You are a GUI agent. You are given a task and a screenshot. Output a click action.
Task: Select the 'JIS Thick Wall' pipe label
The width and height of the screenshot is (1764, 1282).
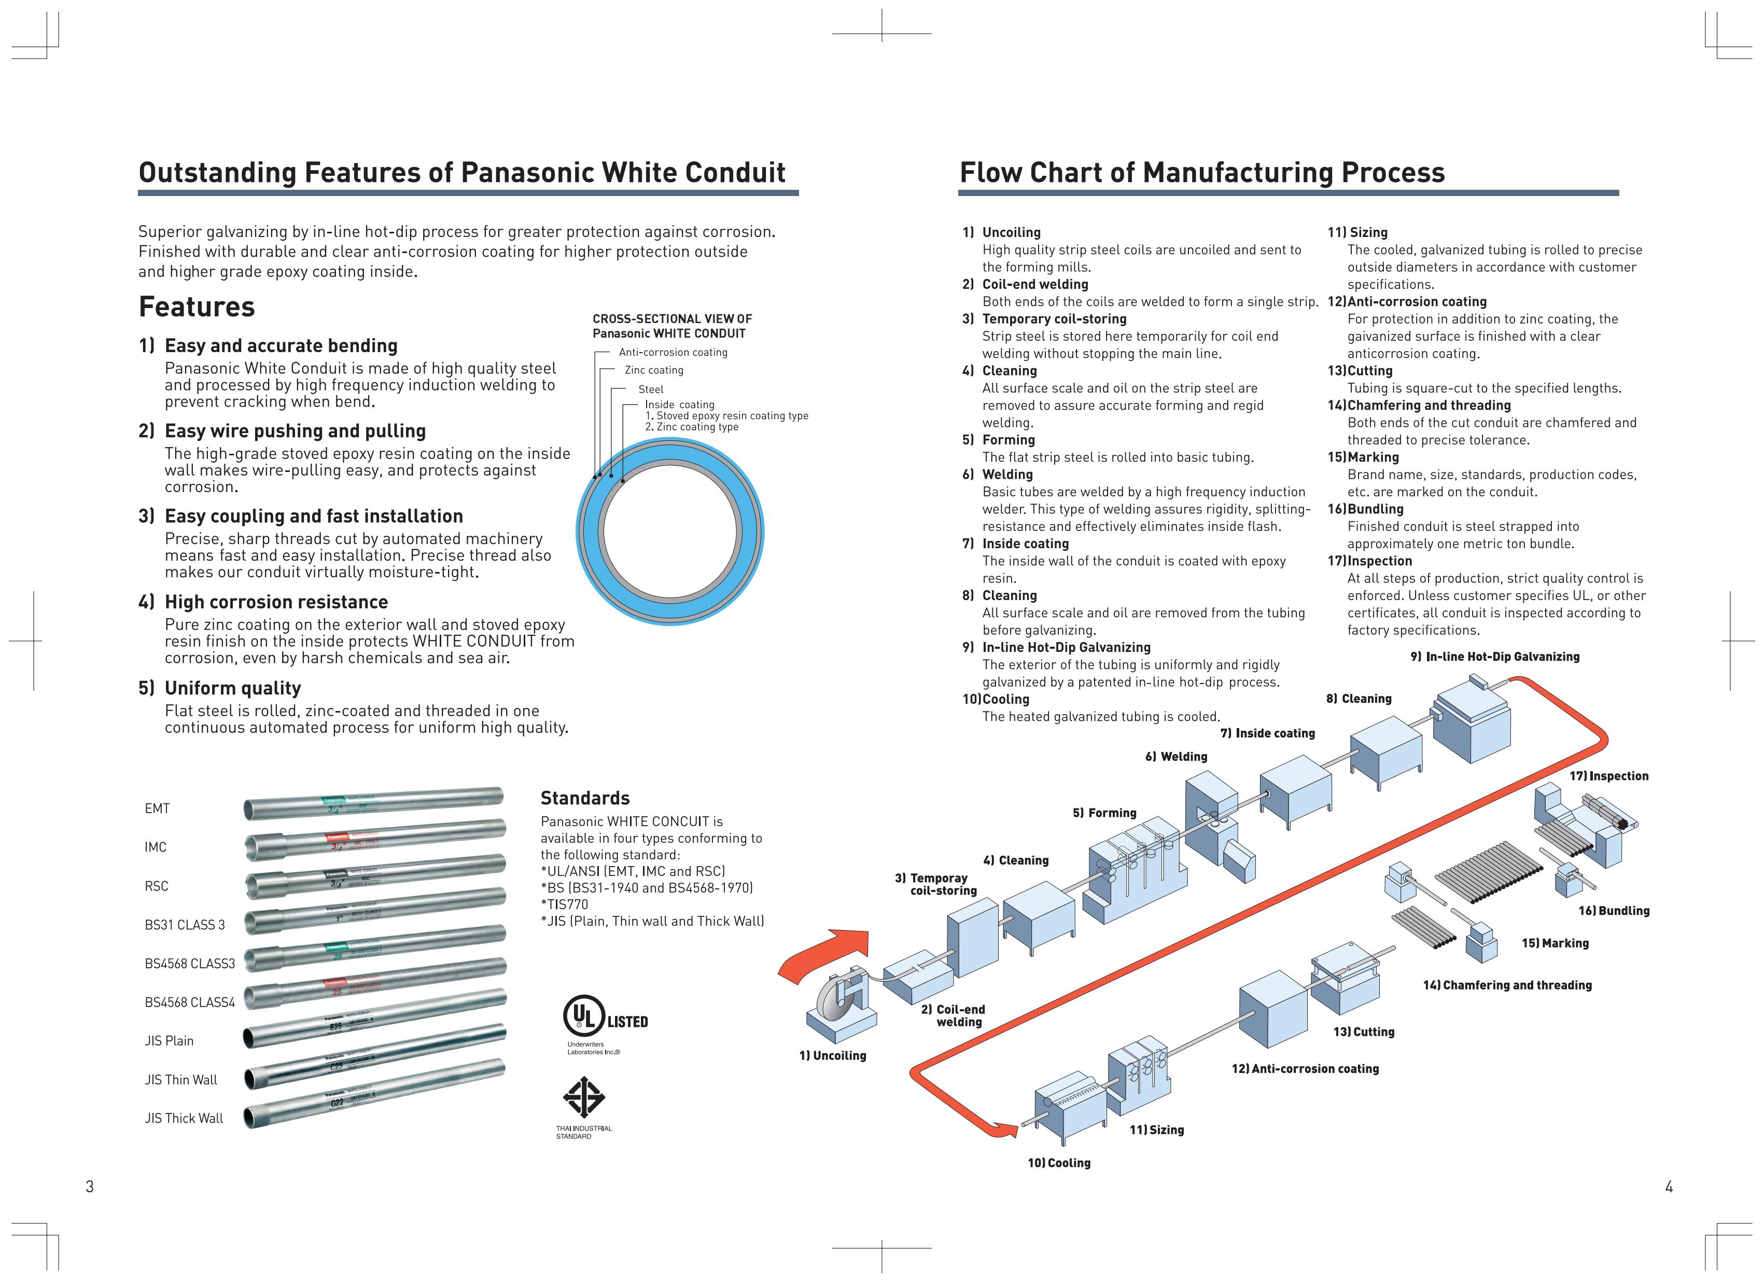point(184,1119)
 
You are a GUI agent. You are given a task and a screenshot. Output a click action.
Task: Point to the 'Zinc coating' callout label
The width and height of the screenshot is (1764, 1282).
point(653,370)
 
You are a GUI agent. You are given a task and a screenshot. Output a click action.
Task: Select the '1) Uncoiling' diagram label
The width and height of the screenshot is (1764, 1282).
point(832,1056)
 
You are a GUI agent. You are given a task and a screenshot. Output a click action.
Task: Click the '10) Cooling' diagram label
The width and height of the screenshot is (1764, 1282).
point(1059,1163)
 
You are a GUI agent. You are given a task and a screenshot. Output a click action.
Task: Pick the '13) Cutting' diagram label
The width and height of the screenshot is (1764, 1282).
point(1364,1032)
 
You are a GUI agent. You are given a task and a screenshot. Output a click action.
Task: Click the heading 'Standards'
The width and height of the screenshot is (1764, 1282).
point(585,798)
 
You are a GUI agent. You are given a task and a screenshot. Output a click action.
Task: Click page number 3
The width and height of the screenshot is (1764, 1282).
point(89,1187)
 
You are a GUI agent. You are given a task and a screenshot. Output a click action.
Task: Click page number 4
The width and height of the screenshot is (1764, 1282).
point(1669,1187)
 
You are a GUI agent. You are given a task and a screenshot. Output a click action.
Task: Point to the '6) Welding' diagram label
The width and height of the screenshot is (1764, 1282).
point(1176,757)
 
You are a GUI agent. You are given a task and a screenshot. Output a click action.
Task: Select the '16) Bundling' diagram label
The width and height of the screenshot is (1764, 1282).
point(1613,911)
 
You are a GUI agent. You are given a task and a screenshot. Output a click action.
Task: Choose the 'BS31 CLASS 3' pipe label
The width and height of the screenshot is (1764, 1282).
point(185,925)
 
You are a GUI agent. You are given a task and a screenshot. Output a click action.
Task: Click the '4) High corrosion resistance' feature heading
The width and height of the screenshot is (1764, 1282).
point(263,603)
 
